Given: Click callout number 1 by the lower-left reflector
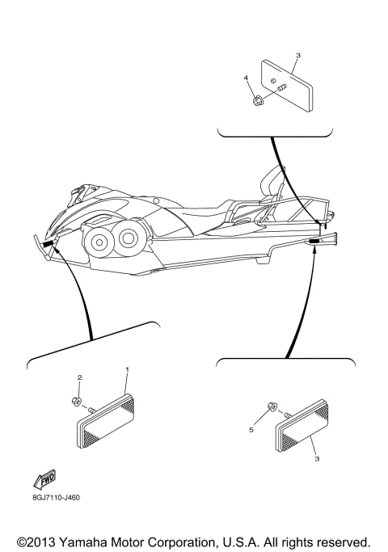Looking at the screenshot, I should [127, 369].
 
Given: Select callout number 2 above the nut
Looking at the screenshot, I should [79, 377].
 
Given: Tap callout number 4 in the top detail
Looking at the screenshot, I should [246, 78].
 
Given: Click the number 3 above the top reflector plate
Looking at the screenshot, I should [297, 56].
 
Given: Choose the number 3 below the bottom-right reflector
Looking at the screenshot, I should [318, 457].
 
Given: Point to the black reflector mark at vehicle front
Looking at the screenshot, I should [48, 243].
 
